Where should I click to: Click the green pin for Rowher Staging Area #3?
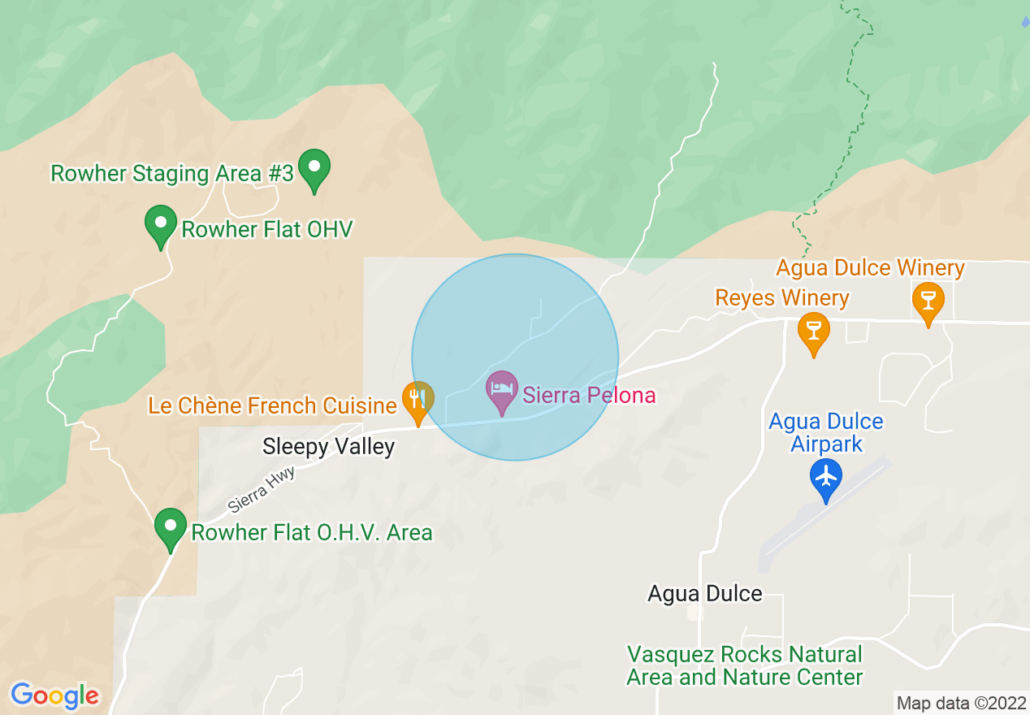pos(314,168)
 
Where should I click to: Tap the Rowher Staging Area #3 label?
pos(171,173)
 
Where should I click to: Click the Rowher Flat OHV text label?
pos(267,229)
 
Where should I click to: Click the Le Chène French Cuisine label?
pos(272,405)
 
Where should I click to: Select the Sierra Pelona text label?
pos(589,396)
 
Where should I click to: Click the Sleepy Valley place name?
pos(328,446)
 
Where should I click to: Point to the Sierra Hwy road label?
pos(261,489)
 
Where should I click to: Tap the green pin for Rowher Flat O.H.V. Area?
pos(171,527)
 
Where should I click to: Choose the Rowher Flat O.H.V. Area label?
pos(311,533)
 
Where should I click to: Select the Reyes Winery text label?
pos(781,298)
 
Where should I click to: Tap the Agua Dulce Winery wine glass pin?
pos(928,300)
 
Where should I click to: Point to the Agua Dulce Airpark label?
pos(826,433)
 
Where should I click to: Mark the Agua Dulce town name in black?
pos(704,593)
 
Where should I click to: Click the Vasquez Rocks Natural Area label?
pos(745,665)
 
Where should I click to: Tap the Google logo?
pos(54,695)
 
